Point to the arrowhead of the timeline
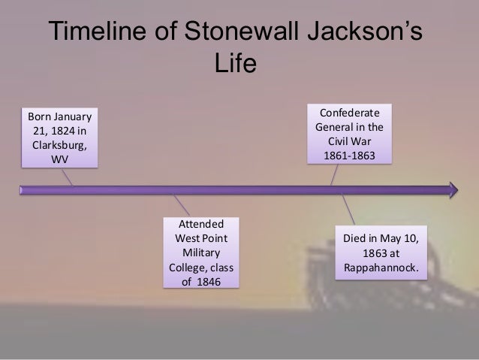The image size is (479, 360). (453, 189)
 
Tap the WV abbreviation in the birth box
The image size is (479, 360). (59, 159)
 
